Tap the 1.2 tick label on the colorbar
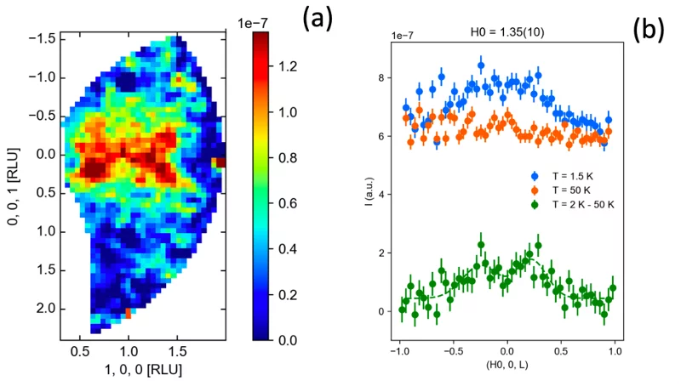click(289, 65)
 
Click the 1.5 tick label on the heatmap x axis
click(177, 349)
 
